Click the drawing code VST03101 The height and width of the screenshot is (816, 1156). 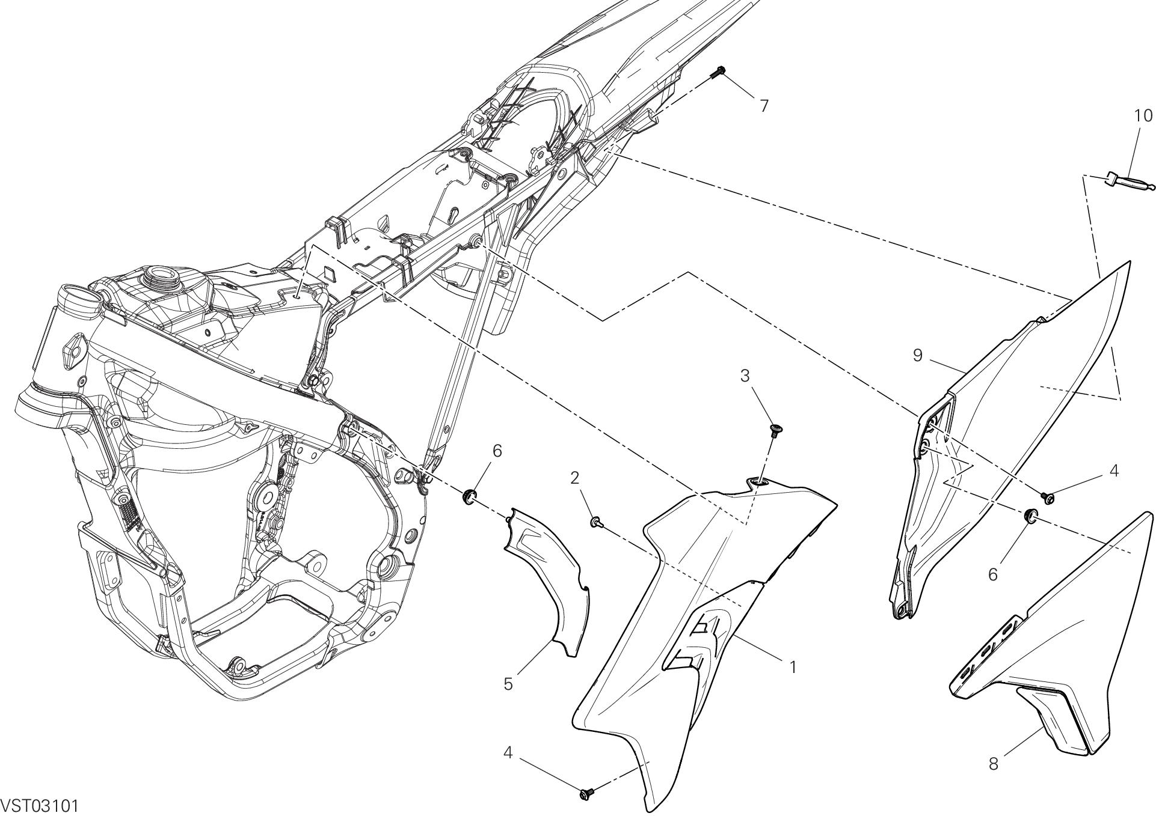[40, 805]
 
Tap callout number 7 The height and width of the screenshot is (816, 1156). [763, 106]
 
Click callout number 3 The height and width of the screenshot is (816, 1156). [745, 376]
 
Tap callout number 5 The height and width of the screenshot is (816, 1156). [508, 684]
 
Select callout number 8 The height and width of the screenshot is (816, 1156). [993, 764]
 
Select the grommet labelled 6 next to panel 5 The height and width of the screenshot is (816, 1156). [470, 497]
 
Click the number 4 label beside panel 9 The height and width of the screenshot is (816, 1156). [1114, 472]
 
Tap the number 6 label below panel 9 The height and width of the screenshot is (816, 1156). [993, 574]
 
